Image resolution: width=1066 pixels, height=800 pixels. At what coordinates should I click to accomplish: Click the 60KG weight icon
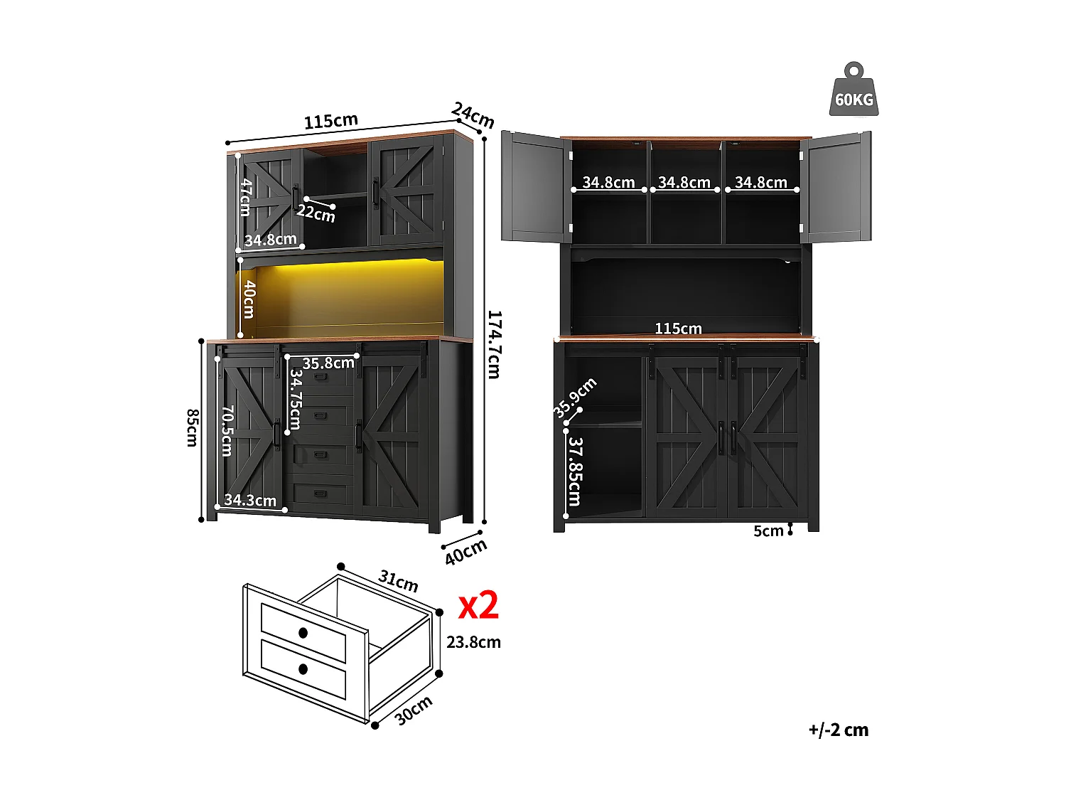[854, 91]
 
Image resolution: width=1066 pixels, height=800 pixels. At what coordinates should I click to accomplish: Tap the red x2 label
[478, 606]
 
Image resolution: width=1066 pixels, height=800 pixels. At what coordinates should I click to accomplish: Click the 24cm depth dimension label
[473, 115]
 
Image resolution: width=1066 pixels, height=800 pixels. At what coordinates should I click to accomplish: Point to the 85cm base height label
[192, 427]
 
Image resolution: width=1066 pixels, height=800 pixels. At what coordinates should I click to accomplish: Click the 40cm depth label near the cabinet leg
[466, 552]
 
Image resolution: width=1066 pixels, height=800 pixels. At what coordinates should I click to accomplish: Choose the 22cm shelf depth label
[316, 213]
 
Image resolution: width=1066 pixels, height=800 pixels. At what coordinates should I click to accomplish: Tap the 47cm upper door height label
[246, 197]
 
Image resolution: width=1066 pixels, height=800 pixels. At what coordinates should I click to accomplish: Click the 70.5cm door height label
[227, 431]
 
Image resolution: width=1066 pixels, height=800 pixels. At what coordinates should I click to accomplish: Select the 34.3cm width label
[250, 501]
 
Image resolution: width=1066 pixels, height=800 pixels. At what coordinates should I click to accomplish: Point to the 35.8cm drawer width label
[328, 363]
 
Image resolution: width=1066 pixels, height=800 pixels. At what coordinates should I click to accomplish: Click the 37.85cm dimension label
[575, 471]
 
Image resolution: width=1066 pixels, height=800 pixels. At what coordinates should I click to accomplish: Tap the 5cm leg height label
[768, 531]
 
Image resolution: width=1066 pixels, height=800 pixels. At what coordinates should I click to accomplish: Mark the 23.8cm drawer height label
[473, 642]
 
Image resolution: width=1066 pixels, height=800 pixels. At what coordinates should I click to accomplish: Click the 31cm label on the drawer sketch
[398, 581]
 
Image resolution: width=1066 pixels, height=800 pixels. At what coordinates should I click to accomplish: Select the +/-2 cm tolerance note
[838, 730]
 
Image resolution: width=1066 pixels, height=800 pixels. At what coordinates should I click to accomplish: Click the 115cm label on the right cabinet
[678, 329]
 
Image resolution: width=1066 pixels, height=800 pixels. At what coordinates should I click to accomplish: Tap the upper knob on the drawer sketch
[303, 632]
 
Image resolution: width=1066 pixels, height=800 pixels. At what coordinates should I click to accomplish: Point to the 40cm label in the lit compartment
[249, 299]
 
